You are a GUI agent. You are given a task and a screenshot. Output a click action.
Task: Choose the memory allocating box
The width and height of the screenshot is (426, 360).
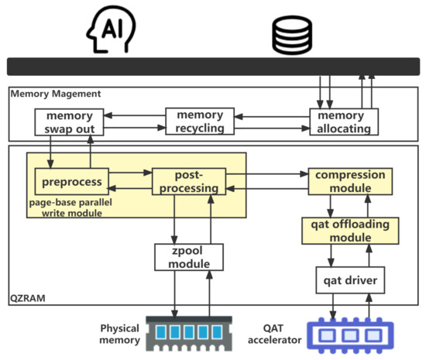pos(344,122)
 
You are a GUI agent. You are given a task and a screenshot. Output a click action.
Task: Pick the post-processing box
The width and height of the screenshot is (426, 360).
pos(189,181)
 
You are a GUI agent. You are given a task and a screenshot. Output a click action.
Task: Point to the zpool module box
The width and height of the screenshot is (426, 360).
pos(190,259)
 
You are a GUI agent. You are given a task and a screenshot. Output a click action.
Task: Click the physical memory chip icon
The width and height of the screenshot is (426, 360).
pos(189,331)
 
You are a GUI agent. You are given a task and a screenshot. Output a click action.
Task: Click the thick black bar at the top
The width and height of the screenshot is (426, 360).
pos(213,67)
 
